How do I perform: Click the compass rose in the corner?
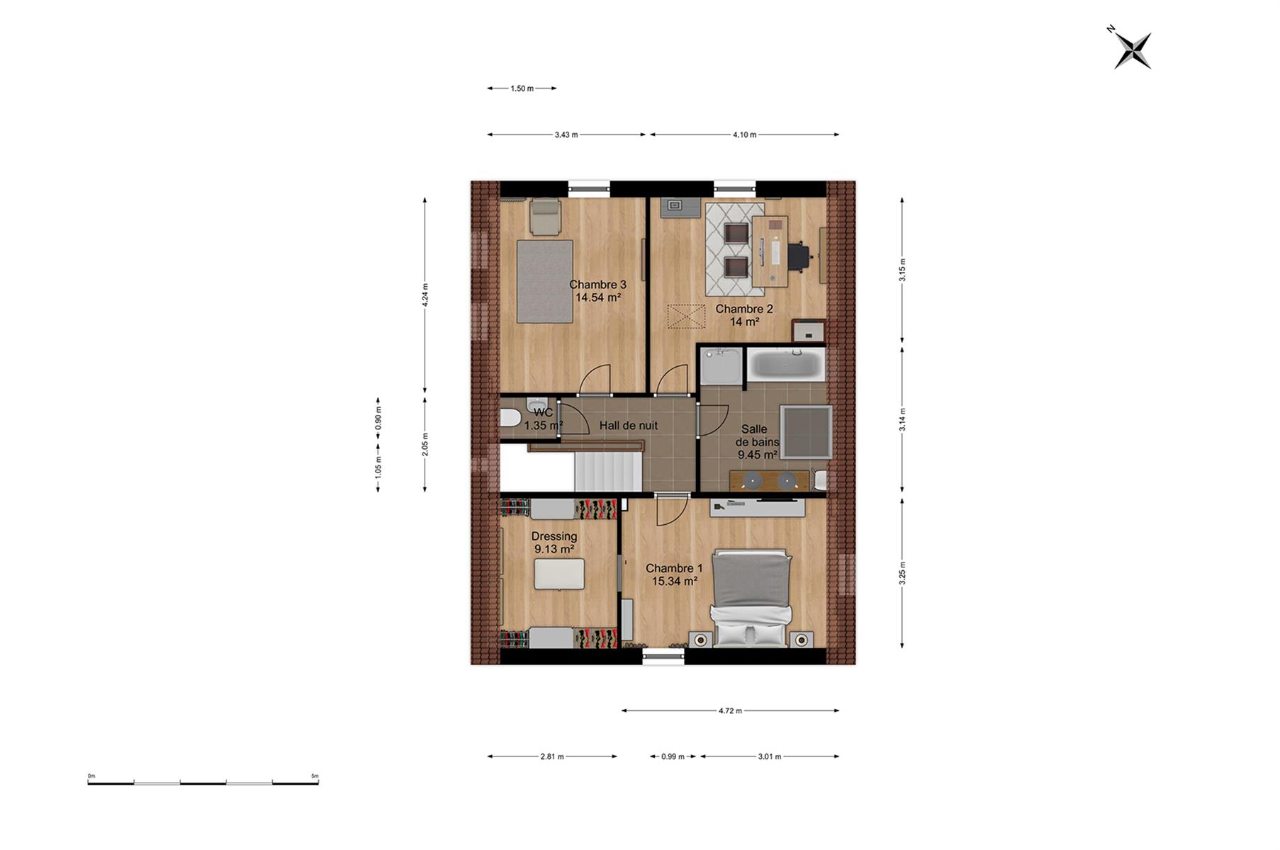point(1132,50)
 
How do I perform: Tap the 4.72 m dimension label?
point(730,710)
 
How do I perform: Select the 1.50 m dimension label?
point(522,89)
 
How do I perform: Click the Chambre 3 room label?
point(597,285)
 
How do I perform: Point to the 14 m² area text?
point(744,322)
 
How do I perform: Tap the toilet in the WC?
point(510,418)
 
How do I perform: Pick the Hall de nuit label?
point(628,426)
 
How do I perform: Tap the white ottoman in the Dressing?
point(559,574)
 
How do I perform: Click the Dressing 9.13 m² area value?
point(554,549)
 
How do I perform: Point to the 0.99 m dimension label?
point(673,756)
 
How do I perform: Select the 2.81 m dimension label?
point(552,756)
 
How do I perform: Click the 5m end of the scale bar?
point(318,783)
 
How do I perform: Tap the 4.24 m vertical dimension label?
point(425,295)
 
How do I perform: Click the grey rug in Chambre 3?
point(544,281)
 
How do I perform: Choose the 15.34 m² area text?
point(674,582)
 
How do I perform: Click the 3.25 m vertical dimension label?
point(902,573)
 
